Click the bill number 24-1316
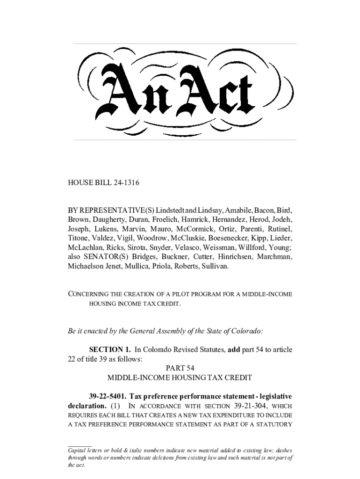pos(124,183)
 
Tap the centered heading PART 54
pos(180,368)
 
